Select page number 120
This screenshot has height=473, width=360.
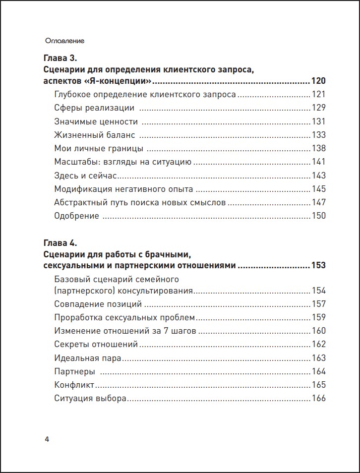(x=318, y=81)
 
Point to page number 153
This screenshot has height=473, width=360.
(x=318, y=265)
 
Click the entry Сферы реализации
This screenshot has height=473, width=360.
(x=94, y=108)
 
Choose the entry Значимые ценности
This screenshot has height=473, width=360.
(x=96, y=121)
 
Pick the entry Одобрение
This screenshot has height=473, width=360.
(x=76, y=215)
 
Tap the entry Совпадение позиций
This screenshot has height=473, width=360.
(x=98, y=304)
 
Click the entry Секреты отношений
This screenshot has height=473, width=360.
(x=96, y=344)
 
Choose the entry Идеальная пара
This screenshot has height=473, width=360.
(x=88, y=357)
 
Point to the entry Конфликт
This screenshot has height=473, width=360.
(x=74, y=385)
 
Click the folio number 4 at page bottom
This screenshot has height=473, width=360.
(x=47, y=440)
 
